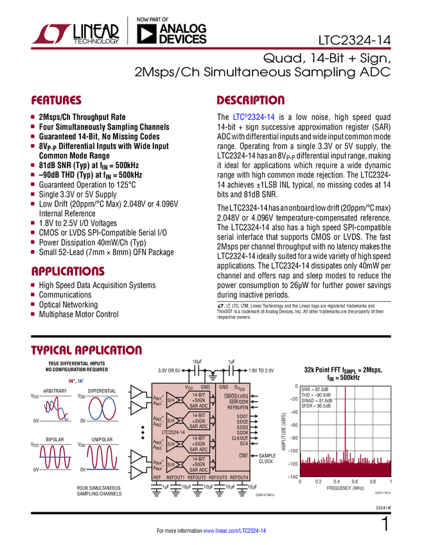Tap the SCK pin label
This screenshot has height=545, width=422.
click(x=243, y=444)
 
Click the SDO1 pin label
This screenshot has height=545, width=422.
click(x=242, y=417)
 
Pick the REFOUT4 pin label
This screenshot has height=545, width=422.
click(x=239, y=478)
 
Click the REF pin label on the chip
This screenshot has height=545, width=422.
click(x=157, y=478)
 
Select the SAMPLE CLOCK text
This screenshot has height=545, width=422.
click(x=267, y=458)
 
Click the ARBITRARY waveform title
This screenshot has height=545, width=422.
click(x=56, y=390)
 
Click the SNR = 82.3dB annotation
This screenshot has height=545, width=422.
click(x=315, y=389)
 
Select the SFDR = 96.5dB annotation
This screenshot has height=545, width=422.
click(x=316, y=406)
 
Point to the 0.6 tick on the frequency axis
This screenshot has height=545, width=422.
click(x=355, y=481)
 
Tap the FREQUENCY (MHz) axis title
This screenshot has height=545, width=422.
click(x=346, y=487)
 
